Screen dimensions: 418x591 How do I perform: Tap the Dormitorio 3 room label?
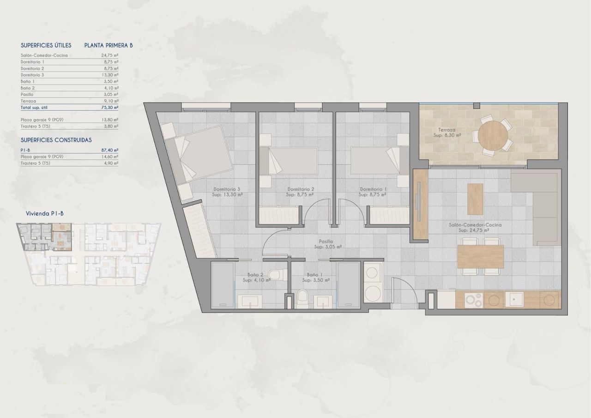pos(227,189)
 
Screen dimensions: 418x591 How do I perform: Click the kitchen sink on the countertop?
pos(516,300)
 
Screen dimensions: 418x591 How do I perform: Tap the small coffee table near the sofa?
pos(475,199)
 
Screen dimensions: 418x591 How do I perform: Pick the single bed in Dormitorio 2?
pos(289,161)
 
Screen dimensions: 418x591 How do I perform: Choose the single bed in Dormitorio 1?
pos(374,161)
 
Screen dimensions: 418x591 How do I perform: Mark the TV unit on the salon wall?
pos(420,204)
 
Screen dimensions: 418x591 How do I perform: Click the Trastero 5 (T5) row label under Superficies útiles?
pos(35,126)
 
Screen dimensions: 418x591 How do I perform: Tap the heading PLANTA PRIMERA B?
pos(109,45)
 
